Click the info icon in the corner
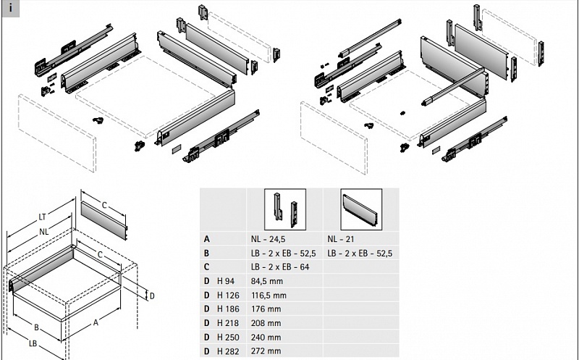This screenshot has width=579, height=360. coord(10,8)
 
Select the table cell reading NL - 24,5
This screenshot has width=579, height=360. coord(268,239)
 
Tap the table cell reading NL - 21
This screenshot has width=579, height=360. coord(340,239)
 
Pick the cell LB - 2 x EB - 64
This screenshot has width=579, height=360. coord(280,267)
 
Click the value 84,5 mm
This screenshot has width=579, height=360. coord(266,281)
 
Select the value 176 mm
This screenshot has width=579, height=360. coord(266,309)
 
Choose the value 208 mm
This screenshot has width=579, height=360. coord(266,323)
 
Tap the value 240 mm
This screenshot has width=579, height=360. coord(266,337)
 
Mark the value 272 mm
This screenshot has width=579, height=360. coord(266,351)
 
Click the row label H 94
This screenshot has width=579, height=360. coord(226,281)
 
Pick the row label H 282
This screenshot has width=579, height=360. coord(228,351)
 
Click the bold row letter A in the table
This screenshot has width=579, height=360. coord(207,239)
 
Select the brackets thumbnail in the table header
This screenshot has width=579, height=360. coord(285,209)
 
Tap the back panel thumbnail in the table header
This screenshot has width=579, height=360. coord(361,209)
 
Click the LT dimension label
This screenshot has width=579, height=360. coord(42,217)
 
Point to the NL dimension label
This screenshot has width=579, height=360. coord(44,232)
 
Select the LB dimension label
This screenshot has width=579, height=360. coord(33,343)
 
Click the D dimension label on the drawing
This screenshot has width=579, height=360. coord(152,296)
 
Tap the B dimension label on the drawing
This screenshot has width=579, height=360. coord(36,327)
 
